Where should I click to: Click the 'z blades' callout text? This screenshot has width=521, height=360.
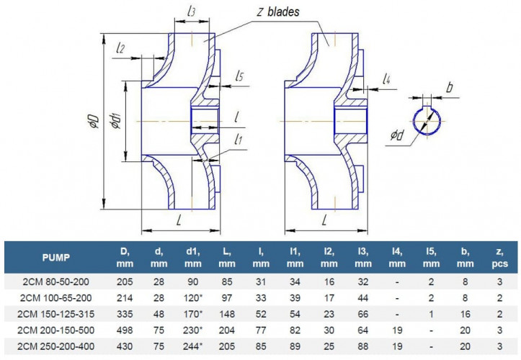[277, 12]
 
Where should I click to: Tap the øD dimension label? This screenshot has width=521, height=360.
[94, 121]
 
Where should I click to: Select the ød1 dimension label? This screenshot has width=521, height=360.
[116, 120]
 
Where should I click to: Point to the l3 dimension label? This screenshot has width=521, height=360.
[191, 12]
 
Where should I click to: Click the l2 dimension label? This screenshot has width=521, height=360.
[120, 48]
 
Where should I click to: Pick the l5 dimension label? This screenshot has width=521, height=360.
[239, 76]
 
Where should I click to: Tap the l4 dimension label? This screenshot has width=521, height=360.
[386, 79]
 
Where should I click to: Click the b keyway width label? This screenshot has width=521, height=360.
[449, 87]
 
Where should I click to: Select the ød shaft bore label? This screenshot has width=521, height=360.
[397, 135]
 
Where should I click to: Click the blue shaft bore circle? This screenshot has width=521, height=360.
[414, 121]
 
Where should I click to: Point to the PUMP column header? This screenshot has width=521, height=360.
[56, 257]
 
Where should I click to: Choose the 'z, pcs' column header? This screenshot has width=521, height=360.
[499, 257]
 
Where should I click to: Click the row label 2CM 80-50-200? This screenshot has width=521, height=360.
[55, 282]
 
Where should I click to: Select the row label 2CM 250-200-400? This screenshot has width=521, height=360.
[55, 346]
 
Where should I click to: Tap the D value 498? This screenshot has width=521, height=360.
[125, 330]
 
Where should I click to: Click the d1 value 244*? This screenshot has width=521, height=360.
[192, 346]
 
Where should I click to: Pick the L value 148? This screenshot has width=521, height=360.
[227, 314]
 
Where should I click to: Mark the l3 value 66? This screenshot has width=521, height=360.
[363, 314]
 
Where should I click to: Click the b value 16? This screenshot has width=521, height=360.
[466, 314]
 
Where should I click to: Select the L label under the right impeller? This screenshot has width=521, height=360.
[324, 220]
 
